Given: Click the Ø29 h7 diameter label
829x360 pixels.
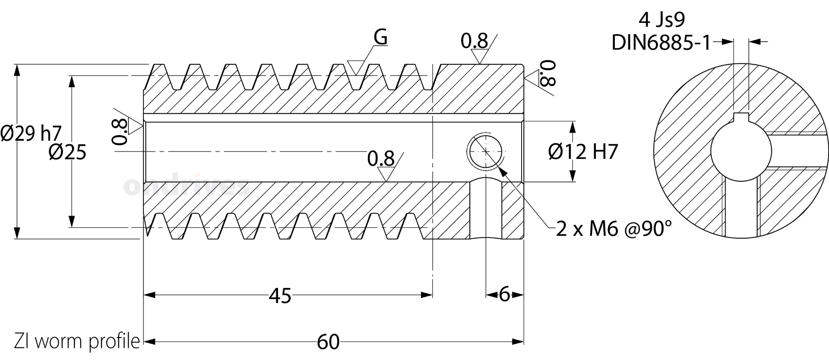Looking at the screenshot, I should click(31, 133).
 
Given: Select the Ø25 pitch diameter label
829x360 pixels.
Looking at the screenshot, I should click(67, 152).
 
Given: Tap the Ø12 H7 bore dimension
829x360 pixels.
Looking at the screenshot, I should click(583, 152).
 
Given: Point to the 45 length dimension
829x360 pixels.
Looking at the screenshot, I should click(280, 296).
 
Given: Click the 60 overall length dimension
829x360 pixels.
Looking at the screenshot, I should click(328, 342).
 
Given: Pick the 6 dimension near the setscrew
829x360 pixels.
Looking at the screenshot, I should click(504, 295).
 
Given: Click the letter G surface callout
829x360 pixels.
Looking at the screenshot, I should click(380, 37).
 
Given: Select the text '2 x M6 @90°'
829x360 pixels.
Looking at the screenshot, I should click(614, 229).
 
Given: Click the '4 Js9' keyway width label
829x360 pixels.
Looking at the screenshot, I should click(661, 19).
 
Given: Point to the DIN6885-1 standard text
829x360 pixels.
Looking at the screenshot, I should click(661, 43).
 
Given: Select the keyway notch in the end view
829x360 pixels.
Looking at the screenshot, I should click(741, 121).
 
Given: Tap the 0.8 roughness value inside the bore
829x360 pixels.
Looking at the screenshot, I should click(381, 159).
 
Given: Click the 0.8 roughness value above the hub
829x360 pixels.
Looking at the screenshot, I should click(474, 41).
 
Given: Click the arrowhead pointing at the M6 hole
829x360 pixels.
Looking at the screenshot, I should click(502, 170).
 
